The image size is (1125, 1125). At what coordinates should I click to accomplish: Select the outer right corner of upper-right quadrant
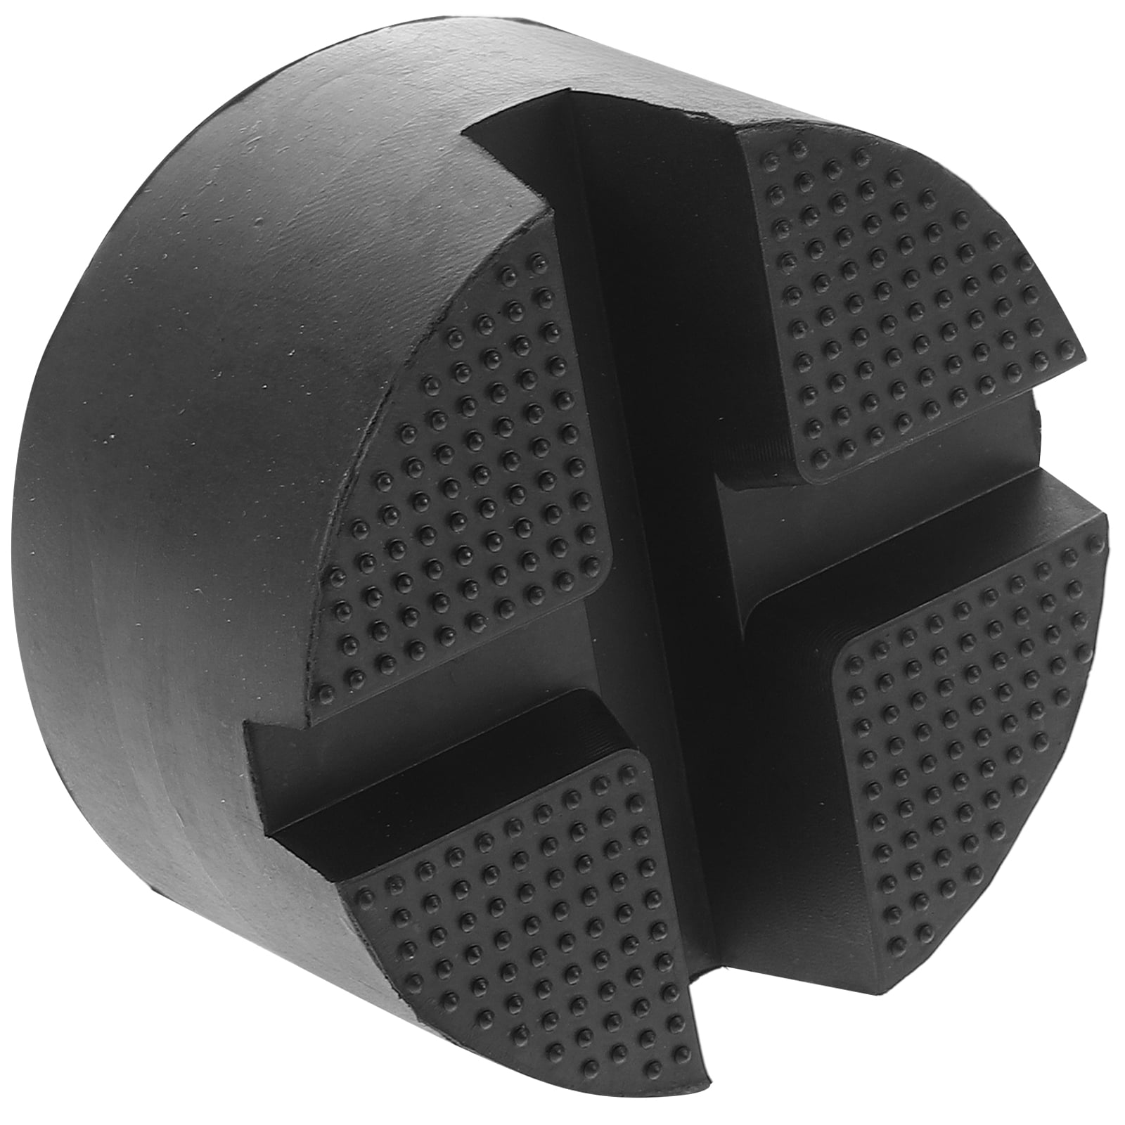(1076, 352)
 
